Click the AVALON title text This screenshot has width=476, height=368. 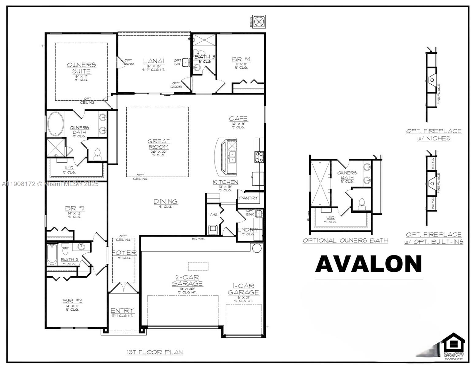coord(368,264)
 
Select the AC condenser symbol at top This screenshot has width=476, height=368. coord(259,22)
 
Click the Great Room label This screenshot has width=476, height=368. coord(158,144)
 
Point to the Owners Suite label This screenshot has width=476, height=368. coord(81,68)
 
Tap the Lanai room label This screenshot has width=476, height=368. coord(154,61)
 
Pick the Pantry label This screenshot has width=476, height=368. coord(248,198)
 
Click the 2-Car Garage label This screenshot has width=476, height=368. coord(187,280)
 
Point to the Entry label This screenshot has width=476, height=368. coord(122,310)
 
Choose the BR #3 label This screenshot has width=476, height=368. coord(72,301)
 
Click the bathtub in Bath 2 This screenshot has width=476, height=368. coord(52,255)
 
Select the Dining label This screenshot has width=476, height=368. coord(166,201)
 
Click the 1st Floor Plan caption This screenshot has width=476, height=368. coord(155,352)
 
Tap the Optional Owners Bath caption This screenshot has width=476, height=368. coord(345,240)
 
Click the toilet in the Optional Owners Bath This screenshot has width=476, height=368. coord(362,204)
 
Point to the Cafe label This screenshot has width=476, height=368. coord(238,118)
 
